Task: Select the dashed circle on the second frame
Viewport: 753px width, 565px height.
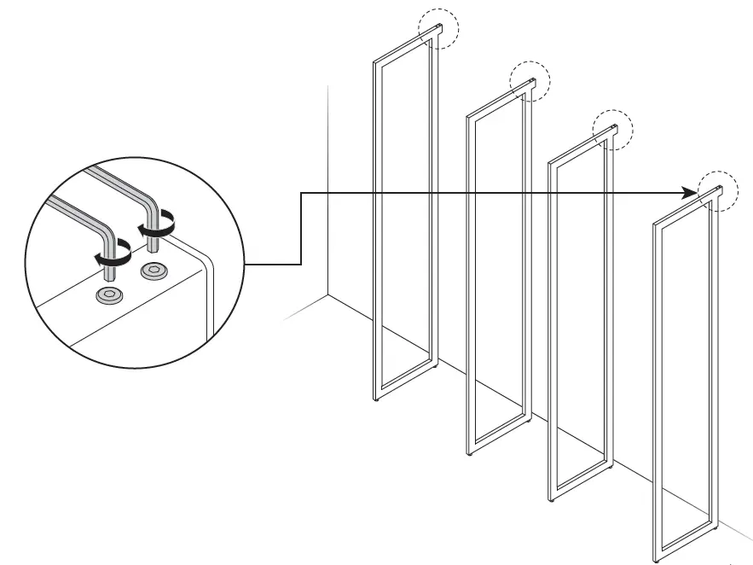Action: pyautogui.click(x=530, y=82)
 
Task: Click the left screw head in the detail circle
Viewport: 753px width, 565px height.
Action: pyautogui.click(x=108, y=295)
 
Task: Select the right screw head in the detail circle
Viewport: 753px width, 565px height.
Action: pyautogui.click(x=155, y=271)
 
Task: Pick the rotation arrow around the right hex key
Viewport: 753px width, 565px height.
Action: pyautogui.click(x=159, y=227)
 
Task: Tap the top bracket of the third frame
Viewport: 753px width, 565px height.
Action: pyautogui.click(x=607, y=132)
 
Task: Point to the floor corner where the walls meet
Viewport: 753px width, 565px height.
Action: pyautogui.click(x=329, y=295)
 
